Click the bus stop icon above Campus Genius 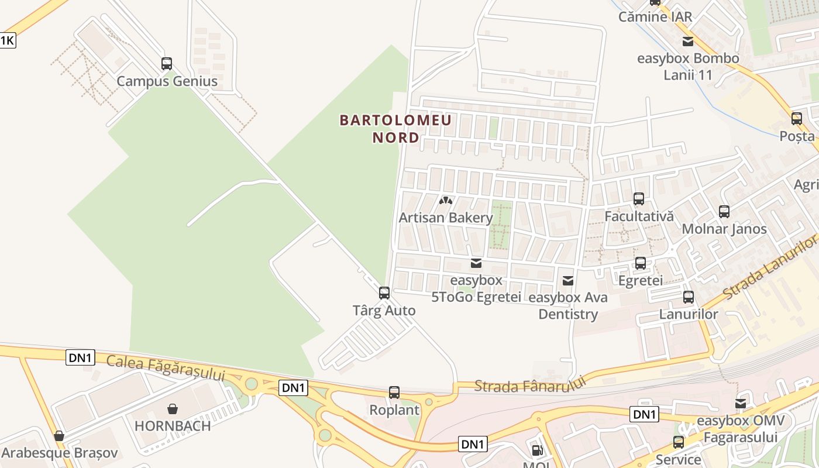pos(167,64)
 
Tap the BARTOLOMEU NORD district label pos(396,129)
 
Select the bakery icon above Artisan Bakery pos(446,201)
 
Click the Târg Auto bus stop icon pos(384,293)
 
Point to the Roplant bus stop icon pos(394,393)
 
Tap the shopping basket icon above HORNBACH pos(173,408)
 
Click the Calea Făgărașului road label pos(166,368)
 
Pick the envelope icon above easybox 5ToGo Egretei pos(476,263)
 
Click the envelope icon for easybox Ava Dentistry pos(567,281)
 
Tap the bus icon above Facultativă pos(639,199)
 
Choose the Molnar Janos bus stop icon pos(724,212)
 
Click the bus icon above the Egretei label pos(641,263)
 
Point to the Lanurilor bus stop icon pos(689,297)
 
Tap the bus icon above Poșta pos(797,119)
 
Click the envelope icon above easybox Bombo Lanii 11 pos(688,42)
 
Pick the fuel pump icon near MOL pos(537,450)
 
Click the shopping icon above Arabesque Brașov pos(59,436)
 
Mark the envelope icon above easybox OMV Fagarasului pos(741,404)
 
